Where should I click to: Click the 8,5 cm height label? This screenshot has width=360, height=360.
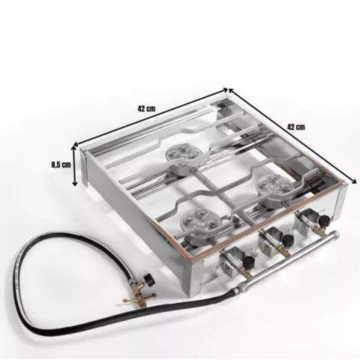click(x=61, y=165)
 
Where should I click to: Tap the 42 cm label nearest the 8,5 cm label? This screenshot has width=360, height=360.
click(x=146, y=109)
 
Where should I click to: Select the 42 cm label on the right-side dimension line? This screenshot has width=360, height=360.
click(x=296, y=127)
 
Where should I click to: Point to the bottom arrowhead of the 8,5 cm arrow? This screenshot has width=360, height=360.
click(x=74, y=183)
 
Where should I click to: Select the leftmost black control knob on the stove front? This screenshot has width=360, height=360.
click(x=248, y=262)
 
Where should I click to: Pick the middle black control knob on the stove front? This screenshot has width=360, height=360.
click(x=287, y=241)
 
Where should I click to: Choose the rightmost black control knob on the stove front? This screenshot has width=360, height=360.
click(x=325, y=220)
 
